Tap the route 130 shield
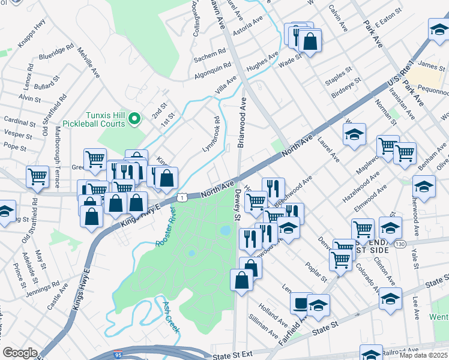[400, 244]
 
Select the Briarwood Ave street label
[243, 124]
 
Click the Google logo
[20, 353]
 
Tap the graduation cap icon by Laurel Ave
[355, 134]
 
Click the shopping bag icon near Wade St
[310, 42]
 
